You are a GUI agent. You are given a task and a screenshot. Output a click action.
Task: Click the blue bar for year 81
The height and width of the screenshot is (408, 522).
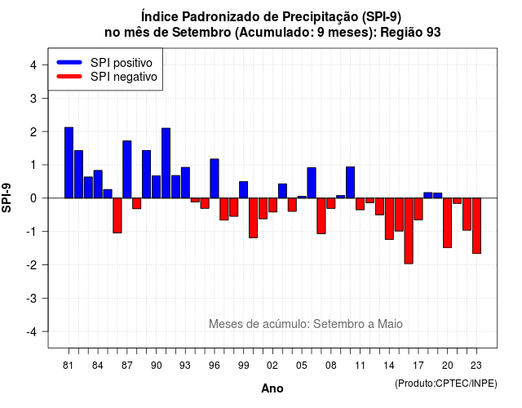pos(69,162)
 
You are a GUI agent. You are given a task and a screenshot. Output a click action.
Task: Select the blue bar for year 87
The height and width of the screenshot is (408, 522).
pos(127,169)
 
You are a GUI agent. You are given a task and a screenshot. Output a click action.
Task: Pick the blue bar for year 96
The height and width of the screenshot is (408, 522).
pos(215,179)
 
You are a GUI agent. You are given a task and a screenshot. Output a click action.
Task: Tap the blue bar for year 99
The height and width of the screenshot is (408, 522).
pos(243,190)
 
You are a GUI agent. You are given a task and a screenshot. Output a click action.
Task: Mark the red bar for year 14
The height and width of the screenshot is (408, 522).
pos(389,219)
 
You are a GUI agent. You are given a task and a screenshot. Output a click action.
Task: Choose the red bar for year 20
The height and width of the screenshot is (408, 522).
pos(448,223)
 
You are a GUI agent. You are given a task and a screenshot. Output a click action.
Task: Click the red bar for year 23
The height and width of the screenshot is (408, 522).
pos(476,226)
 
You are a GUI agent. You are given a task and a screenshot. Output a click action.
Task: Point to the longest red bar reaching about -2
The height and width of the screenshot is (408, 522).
pos(409,231)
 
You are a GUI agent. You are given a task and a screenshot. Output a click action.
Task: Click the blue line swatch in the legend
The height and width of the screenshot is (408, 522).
pos(69,62)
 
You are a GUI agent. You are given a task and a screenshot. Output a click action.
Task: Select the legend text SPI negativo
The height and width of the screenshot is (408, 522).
pos(124,77)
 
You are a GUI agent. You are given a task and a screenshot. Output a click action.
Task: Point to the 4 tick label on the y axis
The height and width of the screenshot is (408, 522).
pos(33,65)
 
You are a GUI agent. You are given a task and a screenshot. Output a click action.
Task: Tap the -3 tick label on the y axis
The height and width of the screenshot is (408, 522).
pos(32,298)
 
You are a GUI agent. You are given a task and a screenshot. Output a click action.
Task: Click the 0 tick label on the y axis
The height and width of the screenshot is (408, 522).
pos(33,198)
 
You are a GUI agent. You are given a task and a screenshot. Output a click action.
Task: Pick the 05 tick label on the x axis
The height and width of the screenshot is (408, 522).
pos(302,366)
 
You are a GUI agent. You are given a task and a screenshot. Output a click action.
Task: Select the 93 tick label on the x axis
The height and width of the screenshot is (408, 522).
pos(185,366)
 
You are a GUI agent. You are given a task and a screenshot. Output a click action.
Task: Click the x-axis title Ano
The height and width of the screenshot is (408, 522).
pos(272,388)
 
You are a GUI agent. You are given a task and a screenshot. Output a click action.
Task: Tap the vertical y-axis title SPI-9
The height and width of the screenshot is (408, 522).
pos(7,197)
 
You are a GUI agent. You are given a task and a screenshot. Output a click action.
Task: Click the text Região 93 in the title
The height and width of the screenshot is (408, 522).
pos(410,33)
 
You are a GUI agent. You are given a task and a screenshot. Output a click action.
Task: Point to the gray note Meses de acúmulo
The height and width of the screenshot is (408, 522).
pos(306,324)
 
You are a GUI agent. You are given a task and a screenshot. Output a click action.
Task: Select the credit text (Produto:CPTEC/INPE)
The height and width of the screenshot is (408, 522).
pos(446,384)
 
